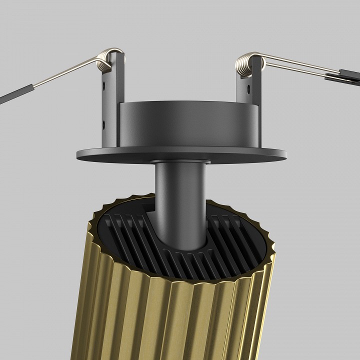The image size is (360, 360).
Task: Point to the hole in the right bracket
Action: click(246, 89)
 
